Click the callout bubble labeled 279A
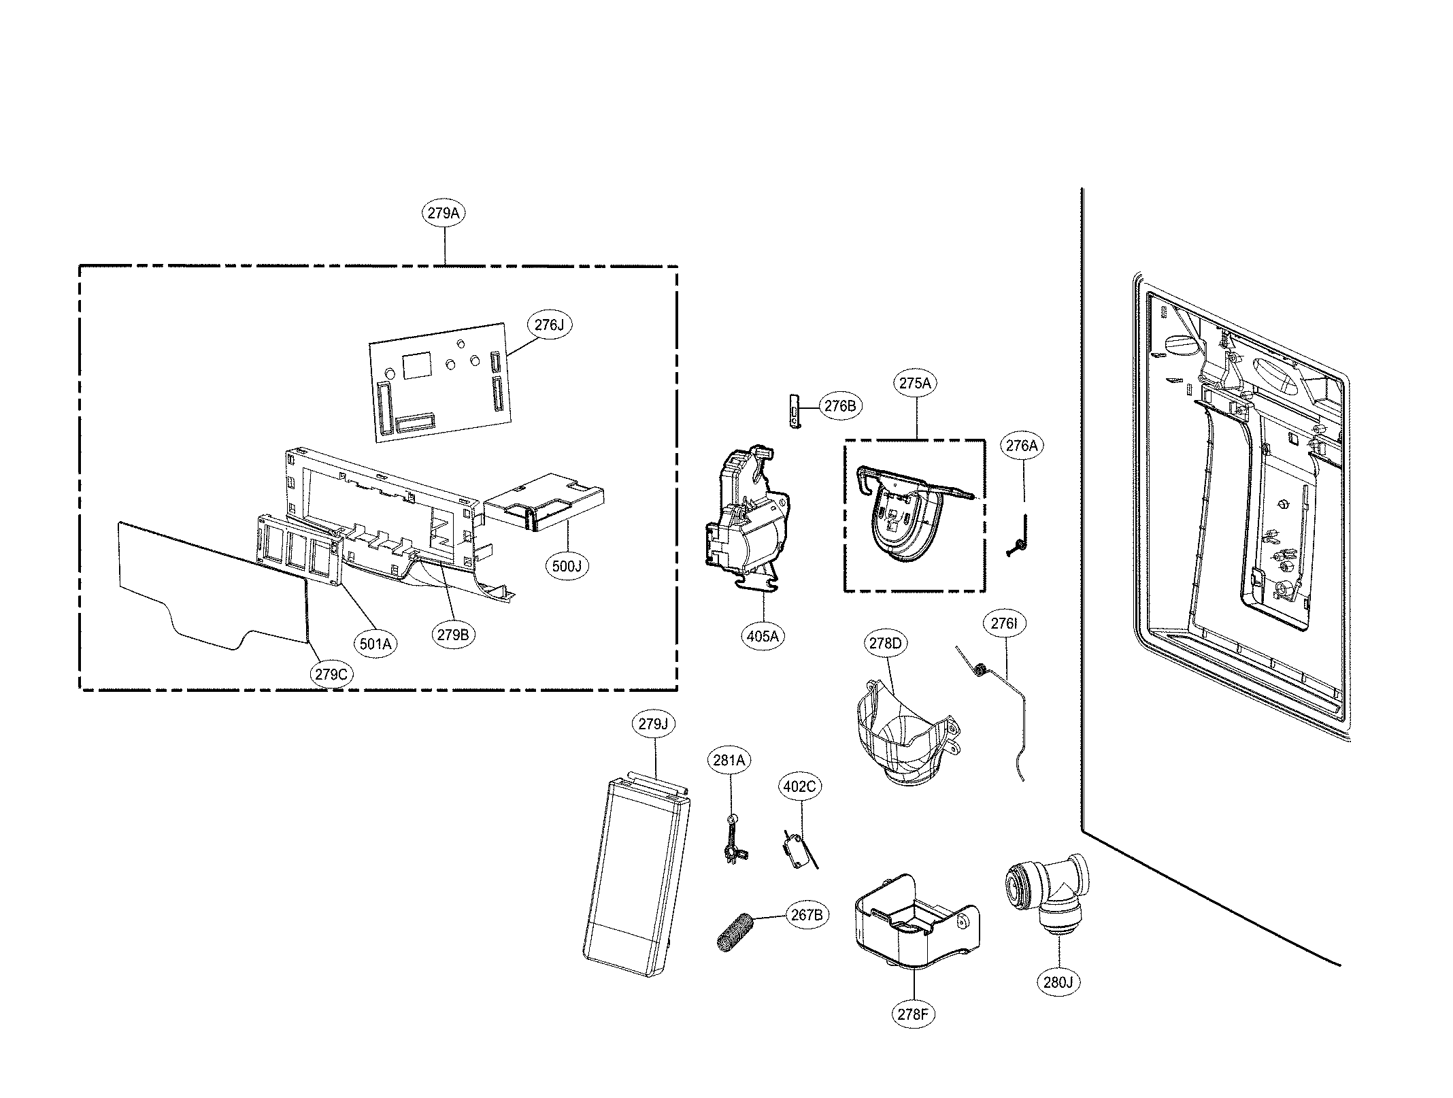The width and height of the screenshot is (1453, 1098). coord(444,213)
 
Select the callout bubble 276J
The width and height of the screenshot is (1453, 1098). coord(549,325)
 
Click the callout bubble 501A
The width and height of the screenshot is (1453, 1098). coord(375,643)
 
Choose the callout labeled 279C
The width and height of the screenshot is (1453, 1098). coord(331,674)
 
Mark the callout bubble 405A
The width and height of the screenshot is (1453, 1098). coord(762,636)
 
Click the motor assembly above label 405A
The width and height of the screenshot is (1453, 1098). coord(747,517)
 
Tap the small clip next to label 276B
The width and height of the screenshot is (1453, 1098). coord(794,410)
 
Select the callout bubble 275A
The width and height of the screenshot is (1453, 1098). coord(915,383)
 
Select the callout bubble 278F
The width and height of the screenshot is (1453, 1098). coord(912,1014)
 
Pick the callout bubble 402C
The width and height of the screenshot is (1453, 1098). coord(799,787)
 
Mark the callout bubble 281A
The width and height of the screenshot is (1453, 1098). coord(729,760)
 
